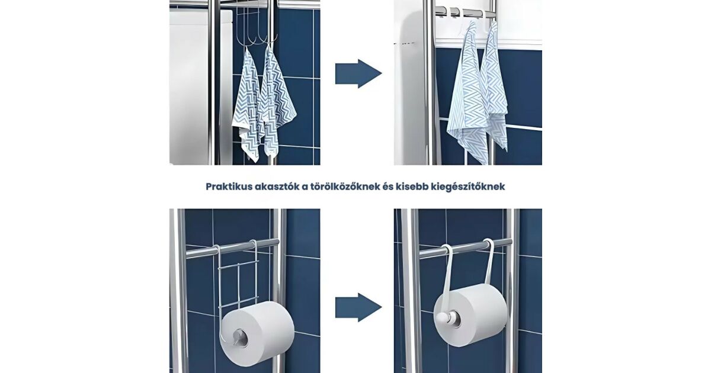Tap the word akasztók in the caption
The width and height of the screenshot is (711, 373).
click(276, 186)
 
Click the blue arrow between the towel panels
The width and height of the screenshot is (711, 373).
click(358, 73)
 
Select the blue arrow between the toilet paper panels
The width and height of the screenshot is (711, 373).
click(358, 307)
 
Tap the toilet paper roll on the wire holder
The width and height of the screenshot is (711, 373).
click(257, 329)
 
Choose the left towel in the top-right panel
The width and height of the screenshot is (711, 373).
click(468, 95)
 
